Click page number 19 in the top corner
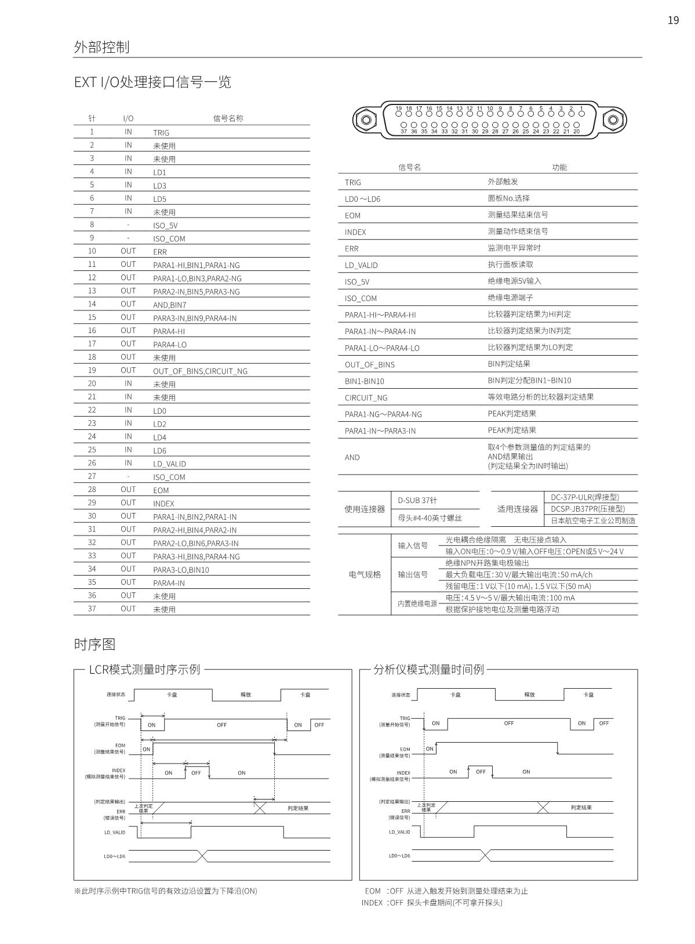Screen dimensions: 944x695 [673, 21]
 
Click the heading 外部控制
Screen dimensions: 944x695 [101, 47]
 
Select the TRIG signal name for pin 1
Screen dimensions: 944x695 [161, 133]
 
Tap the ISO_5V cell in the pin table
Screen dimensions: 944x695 [165, 226]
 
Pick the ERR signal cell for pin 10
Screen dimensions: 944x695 [160, 252]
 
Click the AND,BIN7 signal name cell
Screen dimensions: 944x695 [170, 305]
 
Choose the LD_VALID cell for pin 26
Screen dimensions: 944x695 [169, 464]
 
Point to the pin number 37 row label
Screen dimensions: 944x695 [92, 609]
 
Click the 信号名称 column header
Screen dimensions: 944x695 [228, 118]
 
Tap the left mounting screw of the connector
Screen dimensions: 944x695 [366, 121]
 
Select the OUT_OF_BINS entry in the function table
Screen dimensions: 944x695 [370, 365]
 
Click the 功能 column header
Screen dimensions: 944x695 [559, 168]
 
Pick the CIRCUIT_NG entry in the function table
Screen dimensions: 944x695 [366, 398]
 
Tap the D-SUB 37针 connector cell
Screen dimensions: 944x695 [417, 501]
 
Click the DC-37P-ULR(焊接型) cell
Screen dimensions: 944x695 [584, 497]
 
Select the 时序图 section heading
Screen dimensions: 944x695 [94, 645]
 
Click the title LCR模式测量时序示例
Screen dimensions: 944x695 [144, 670]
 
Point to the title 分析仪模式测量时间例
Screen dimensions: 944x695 [428, 670]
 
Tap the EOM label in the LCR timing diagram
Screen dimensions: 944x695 [120, 746]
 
